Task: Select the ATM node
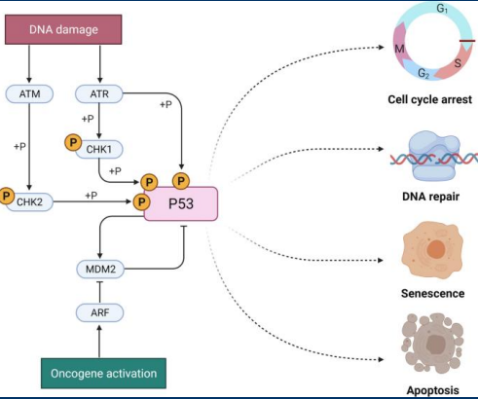click(x=30, y=93)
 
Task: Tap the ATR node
click(x=100, y=93)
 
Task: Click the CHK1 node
click(x=99, y=148)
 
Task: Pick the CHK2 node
click(x=33, y=202)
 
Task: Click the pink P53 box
click(x=181, y=204)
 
